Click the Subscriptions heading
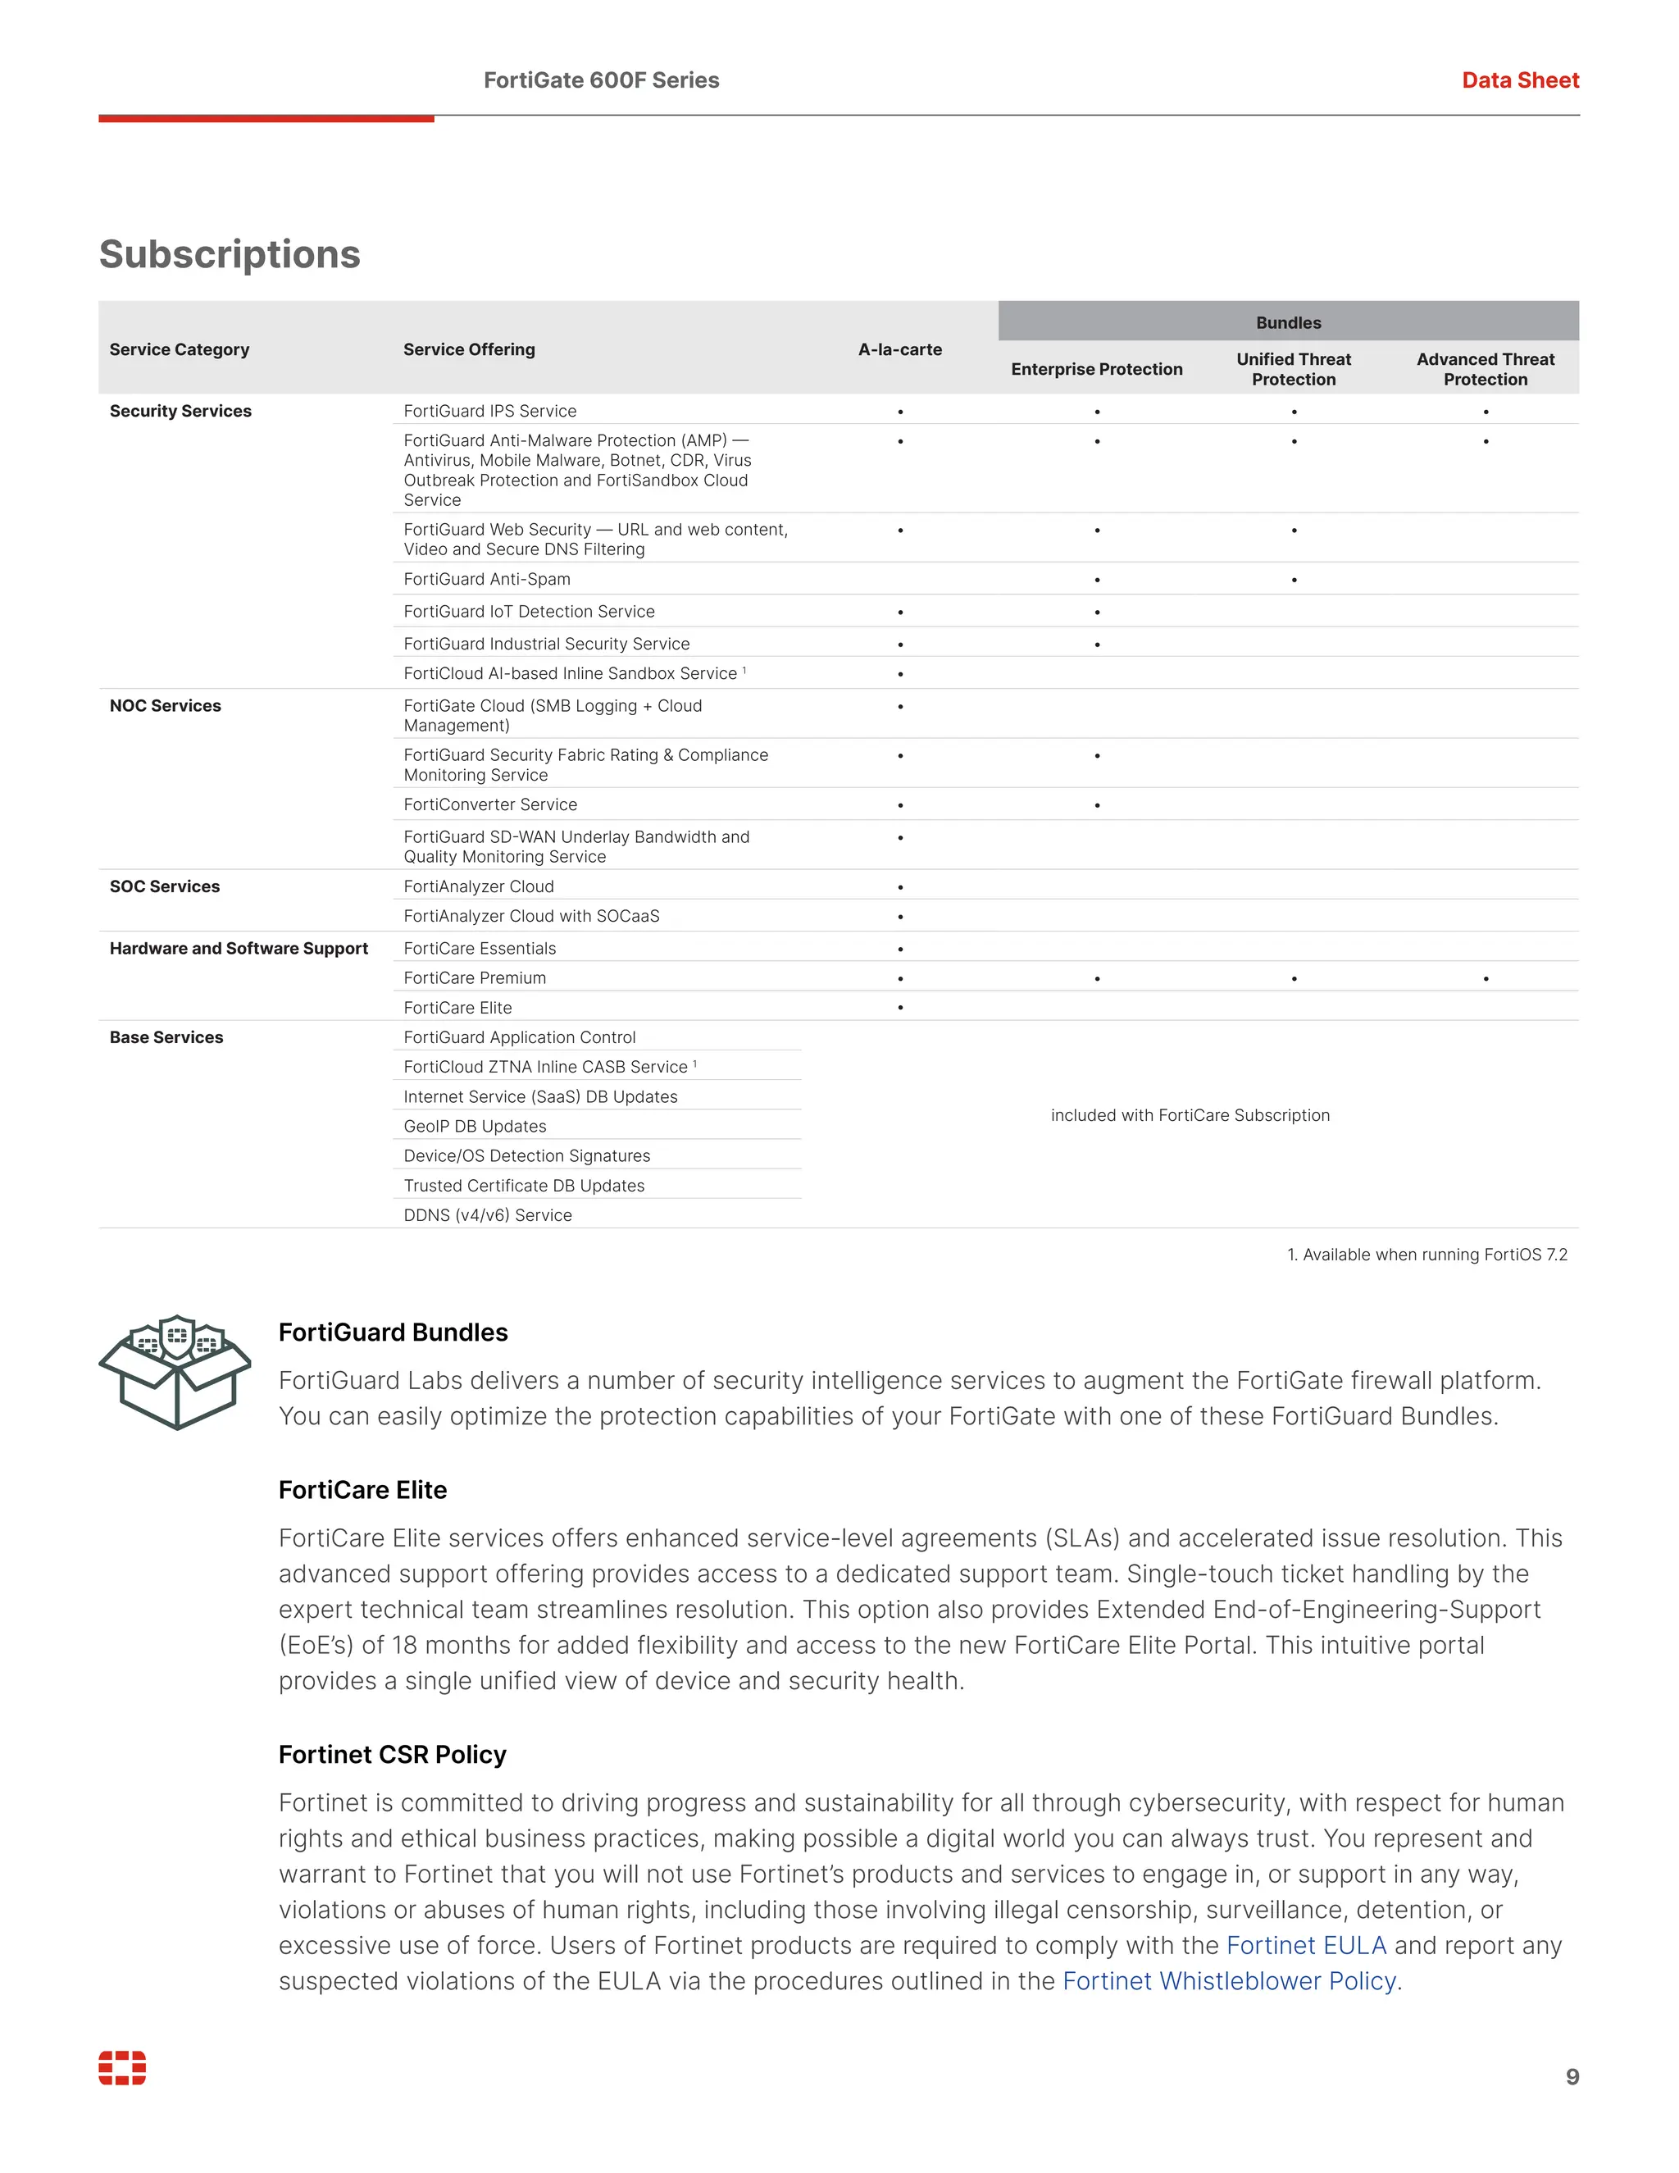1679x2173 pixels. click(x=230, y=255)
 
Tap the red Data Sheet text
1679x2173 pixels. click(x=1519, y=80)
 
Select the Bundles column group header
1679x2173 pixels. click(x=1287, y=322)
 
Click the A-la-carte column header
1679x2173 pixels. click(x=899, y=349)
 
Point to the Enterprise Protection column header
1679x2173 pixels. click(x=1096, y=369)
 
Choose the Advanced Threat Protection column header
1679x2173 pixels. click(x=1484, y=369)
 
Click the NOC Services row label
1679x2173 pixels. click(x=165, y=705)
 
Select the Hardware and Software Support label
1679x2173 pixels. click(x=239, y=948)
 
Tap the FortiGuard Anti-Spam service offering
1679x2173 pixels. click(x=486, y=579)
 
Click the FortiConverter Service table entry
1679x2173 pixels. click(x=489, y=804)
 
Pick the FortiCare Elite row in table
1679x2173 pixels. click(x=457, y=1007)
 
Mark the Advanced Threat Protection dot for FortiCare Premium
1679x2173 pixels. click(x=1485, y=978)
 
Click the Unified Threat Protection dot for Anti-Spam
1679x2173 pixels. click(x=1293, y=580)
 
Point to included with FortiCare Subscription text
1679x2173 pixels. click(x=1190, y=1115)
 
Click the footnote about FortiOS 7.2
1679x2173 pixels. click(x=1426, y=1255)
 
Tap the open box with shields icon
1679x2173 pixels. click(x=175, y=1372)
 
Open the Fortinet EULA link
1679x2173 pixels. click(x=1305, y=1945)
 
